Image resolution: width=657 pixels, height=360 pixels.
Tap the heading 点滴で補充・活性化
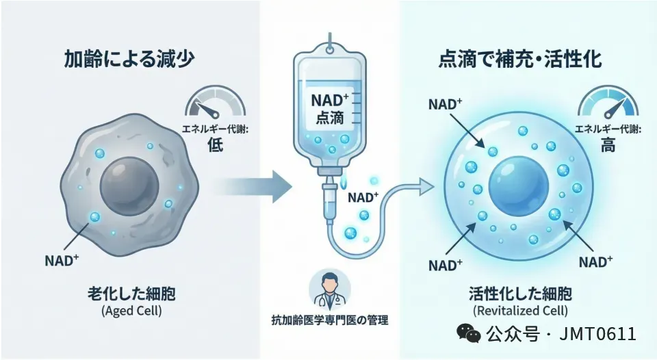click(x=519, y=60)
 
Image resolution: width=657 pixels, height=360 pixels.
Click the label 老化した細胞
click(x=130, y=295)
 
